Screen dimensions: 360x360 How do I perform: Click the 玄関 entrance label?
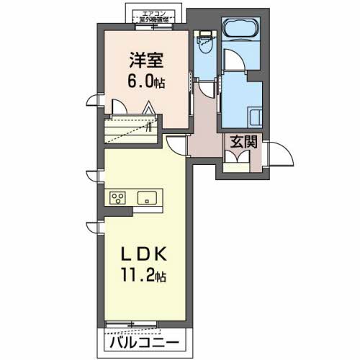(243, 142)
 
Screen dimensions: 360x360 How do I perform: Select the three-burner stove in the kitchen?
(118, 197)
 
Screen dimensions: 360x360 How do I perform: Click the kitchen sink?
(147, 197)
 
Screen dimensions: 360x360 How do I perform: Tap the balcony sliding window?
(144, 326)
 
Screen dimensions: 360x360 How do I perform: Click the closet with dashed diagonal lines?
(130, 132)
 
